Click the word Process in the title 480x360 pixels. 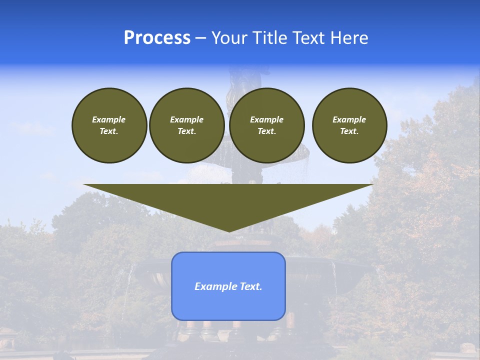pyautogui.click(x=157, y=38)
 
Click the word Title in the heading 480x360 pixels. pyautogui.click(x=267, y=38)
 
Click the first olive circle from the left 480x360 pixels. pyautogui.click(x=109, y=125)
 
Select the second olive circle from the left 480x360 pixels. pyautogui.click(x=187, y=125)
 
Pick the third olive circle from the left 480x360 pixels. pyautogui.click(x=267, y=125)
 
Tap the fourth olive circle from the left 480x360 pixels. pyautogui.click(x=349, y=125)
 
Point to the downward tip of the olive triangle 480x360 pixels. pyautogui.click(x=229, y=231)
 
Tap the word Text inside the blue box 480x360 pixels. pyautogui.click(x=250, y=286)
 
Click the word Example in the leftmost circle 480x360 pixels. pyautogui.click(x=109, y=119)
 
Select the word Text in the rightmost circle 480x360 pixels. pyautogui.click(x=349, y=131)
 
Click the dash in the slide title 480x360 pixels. pyautogui.click(x=200, y=38)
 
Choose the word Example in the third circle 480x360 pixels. pyautogui.click(x=267, y=119)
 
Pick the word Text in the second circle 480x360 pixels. pyautogui.click(x=186, y=131)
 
